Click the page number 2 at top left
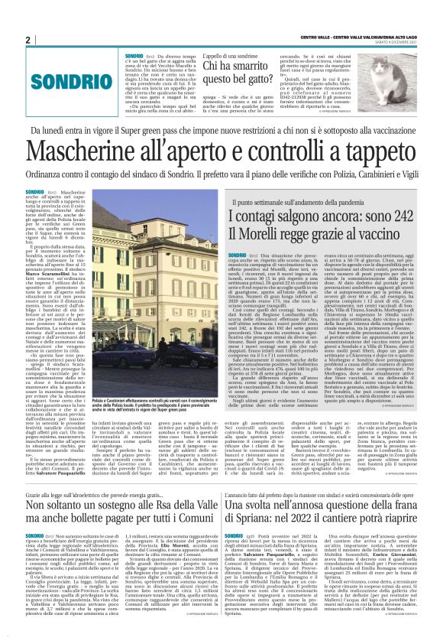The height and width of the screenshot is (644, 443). (27, 40)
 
